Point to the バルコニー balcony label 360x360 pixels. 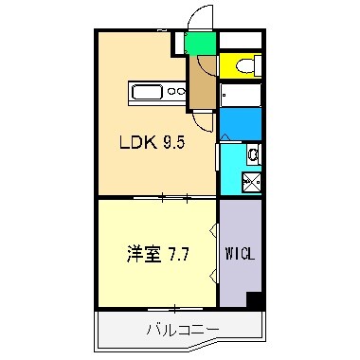click(x=182, y=329)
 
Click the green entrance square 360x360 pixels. click(x=199, y=44)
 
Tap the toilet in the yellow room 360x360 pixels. click(x=249, y=65)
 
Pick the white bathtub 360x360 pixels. click(x=243, y=98)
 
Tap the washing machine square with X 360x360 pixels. click(x=254, y=183)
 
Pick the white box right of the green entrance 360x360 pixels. click(x=242, y=41)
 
